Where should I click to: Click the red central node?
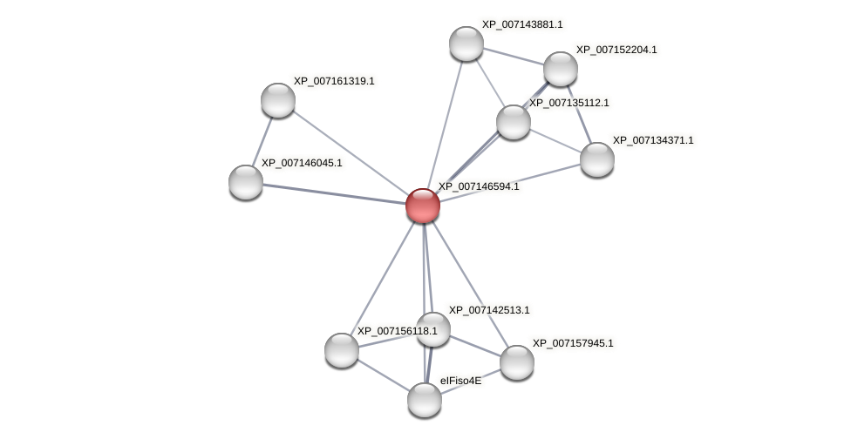(423, 206)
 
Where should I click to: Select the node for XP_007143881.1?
(466, 44)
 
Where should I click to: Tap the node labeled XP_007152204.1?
(561, 69)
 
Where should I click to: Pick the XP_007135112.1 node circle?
(514, 122)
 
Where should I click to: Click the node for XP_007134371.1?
(597, 159)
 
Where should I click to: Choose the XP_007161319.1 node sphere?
(278, 100)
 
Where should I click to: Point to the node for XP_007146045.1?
(246, 181)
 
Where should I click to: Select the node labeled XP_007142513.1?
(433, 329)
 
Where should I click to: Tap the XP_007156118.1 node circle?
(342, 350)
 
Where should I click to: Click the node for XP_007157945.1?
(517, 362)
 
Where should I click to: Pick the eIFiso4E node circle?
(425, 400)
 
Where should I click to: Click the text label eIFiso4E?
(460, 381)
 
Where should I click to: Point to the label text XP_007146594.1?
(478, 186)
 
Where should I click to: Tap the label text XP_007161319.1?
(333, 81)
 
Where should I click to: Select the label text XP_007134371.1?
(653, 140)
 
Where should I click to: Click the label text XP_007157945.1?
(572, 343)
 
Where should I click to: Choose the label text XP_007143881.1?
(522, 24)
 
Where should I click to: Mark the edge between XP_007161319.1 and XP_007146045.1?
(262, 140)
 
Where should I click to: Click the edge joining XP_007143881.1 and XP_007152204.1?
(514, 56)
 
